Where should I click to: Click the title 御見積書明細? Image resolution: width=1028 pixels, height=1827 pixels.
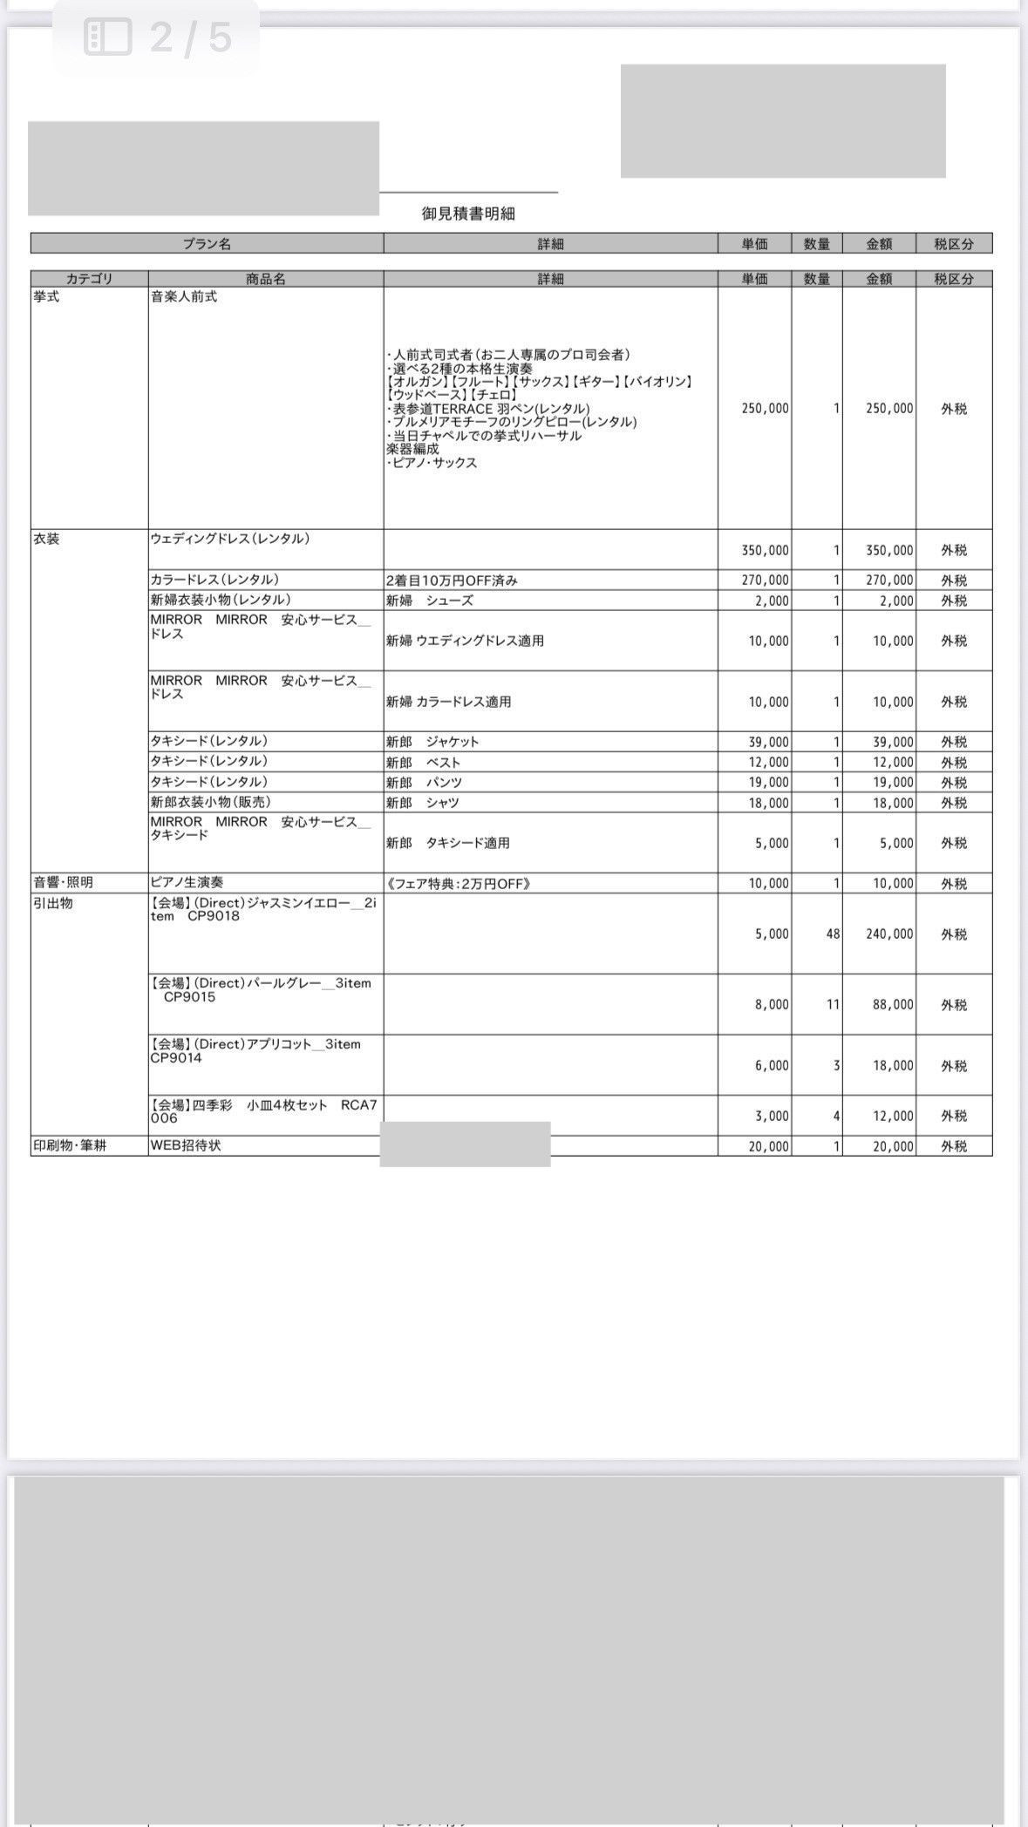(x=468, y=214)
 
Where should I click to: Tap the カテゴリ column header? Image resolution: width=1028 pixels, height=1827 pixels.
(x=89, y=279)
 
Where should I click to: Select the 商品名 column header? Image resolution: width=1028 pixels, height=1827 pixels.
(x=265, y=279)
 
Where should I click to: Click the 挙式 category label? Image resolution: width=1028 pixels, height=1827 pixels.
(x=46, y=297)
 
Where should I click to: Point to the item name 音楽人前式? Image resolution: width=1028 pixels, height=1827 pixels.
(x=184, y=297)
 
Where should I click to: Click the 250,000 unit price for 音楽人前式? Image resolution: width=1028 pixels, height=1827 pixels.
(x=765, y=408)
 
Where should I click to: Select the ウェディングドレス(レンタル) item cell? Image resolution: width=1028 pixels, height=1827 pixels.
(x=230, y=539)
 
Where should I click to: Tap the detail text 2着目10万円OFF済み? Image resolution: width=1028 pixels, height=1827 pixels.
(x=452, y=581)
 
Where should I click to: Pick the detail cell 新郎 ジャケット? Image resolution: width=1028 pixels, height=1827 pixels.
(x=432, y=742)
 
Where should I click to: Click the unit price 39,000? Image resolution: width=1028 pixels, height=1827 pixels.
(x=768, y=742)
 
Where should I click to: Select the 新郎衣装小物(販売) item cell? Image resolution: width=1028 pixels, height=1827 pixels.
(x=209, y=802)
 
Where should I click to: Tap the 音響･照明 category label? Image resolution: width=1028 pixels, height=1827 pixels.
(x=63, y=882)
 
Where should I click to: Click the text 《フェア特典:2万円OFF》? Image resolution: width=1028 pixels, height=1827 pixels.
(x=458, y=883)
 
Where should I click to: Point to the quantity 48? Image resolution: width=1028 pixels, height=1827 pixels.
(x=833, y=934)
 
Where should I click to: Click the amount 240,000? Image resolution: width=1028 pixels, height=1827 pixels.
(x=889, y=934)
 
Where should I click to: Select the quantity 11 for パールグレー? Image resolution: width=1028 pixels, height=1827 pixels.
(x=833, y=1004)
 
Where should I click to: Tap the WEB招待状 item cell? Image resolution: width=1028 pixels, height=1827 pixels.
(x=186, y=1145)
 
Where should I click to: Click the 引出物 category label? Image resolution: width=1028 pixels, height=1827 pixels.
(x=53, y=903)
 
